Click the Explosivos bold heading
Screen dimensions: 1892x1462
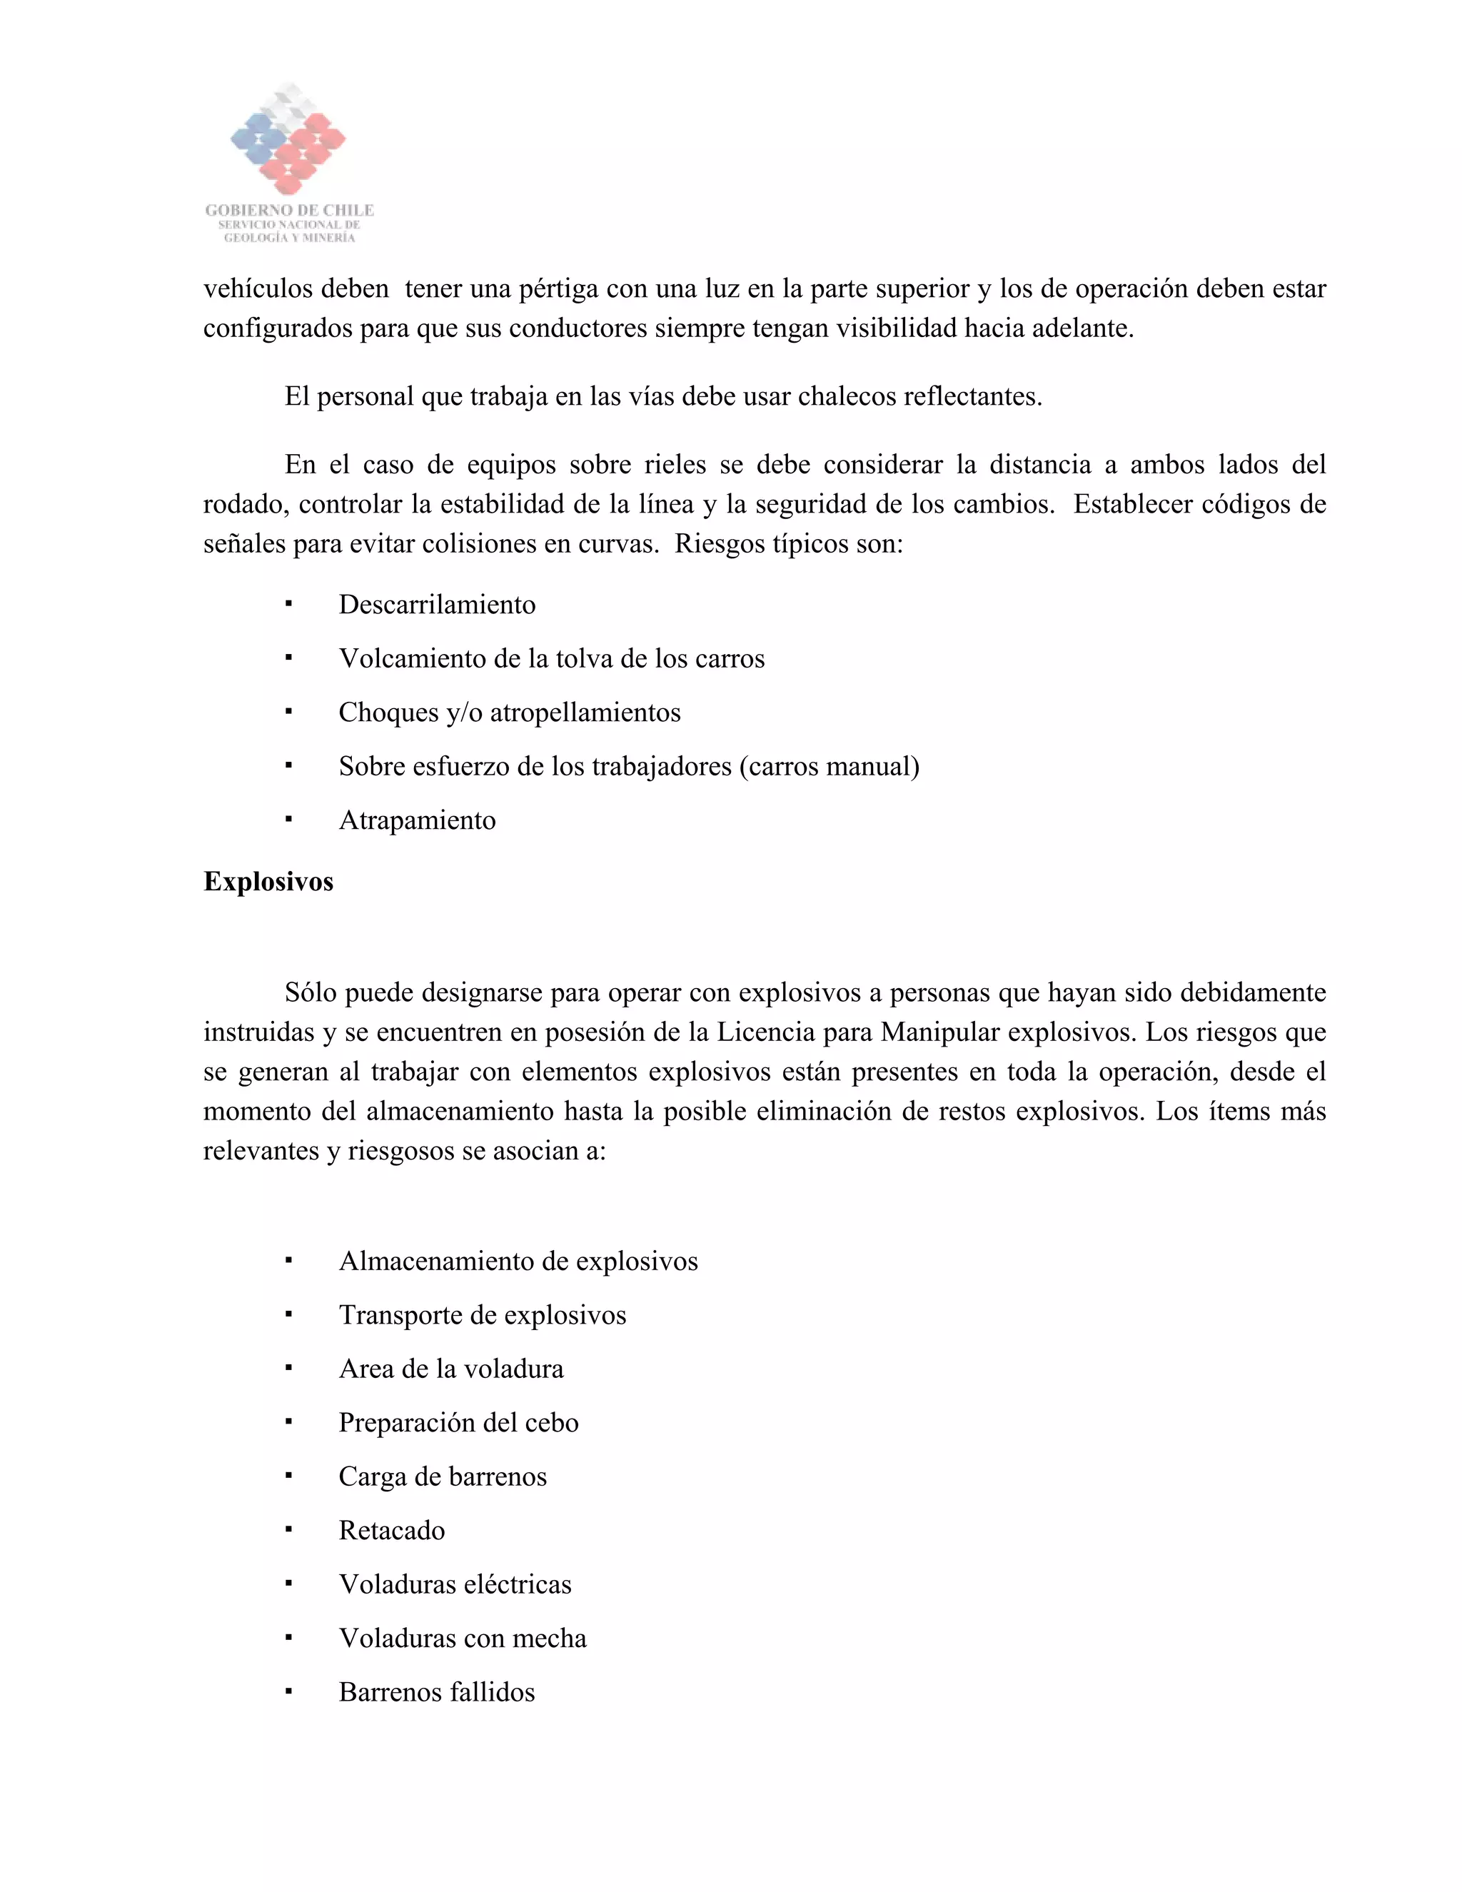[268, 882]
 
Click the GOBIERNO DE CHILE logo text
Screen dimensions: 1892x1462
[289, 211]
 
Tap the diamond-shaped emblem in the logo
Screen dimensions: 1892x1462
[288, 139]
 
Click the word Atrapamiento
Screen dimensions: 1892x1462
[417, 820]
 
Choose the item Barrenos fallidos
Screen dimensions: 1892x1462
[436, 1692]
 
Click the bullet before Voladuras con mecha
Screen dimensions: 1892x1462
[288, 1638]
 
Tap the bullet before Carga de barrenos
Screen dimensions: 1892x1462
[288, 1476]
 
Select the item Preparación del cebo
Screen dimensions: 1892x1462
[458, 1422]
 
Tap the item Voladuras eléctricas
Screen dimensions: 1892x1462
[455, 1584]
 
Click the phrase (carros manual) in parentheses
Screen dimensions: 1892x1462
[829, 767]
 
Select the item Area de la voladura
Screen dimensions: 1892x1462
[450, 1369]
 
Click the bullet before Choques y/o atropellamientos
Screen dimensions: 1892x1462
[288, 712]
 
